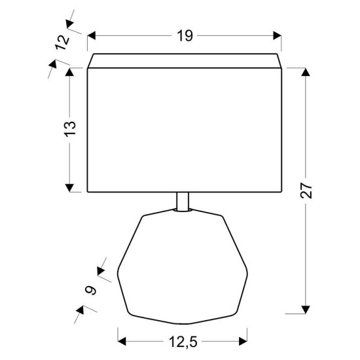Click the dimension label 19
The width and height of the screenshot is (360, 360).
(185, 36)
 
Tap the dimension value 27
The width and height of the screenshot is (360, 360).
(306, 190)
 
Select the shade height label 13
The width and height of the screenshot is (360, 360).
(70, 129)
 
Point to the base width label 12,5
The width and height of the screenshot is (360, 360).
(183, 342)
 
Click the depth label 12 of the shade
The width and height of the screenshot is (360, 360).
(62, 43)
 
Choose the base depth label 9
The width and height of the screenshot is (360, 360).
(91, 290)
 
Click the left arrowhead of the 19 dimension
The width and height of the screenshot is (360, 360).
(91, 36)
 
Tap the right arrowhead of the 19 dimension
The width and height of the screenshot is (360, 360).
(277, 36)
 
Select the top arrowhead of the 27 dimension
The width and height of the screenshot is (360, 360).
(306, 72)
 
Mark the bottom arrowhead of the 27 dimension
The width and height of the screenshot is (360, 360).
(306, 310)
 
